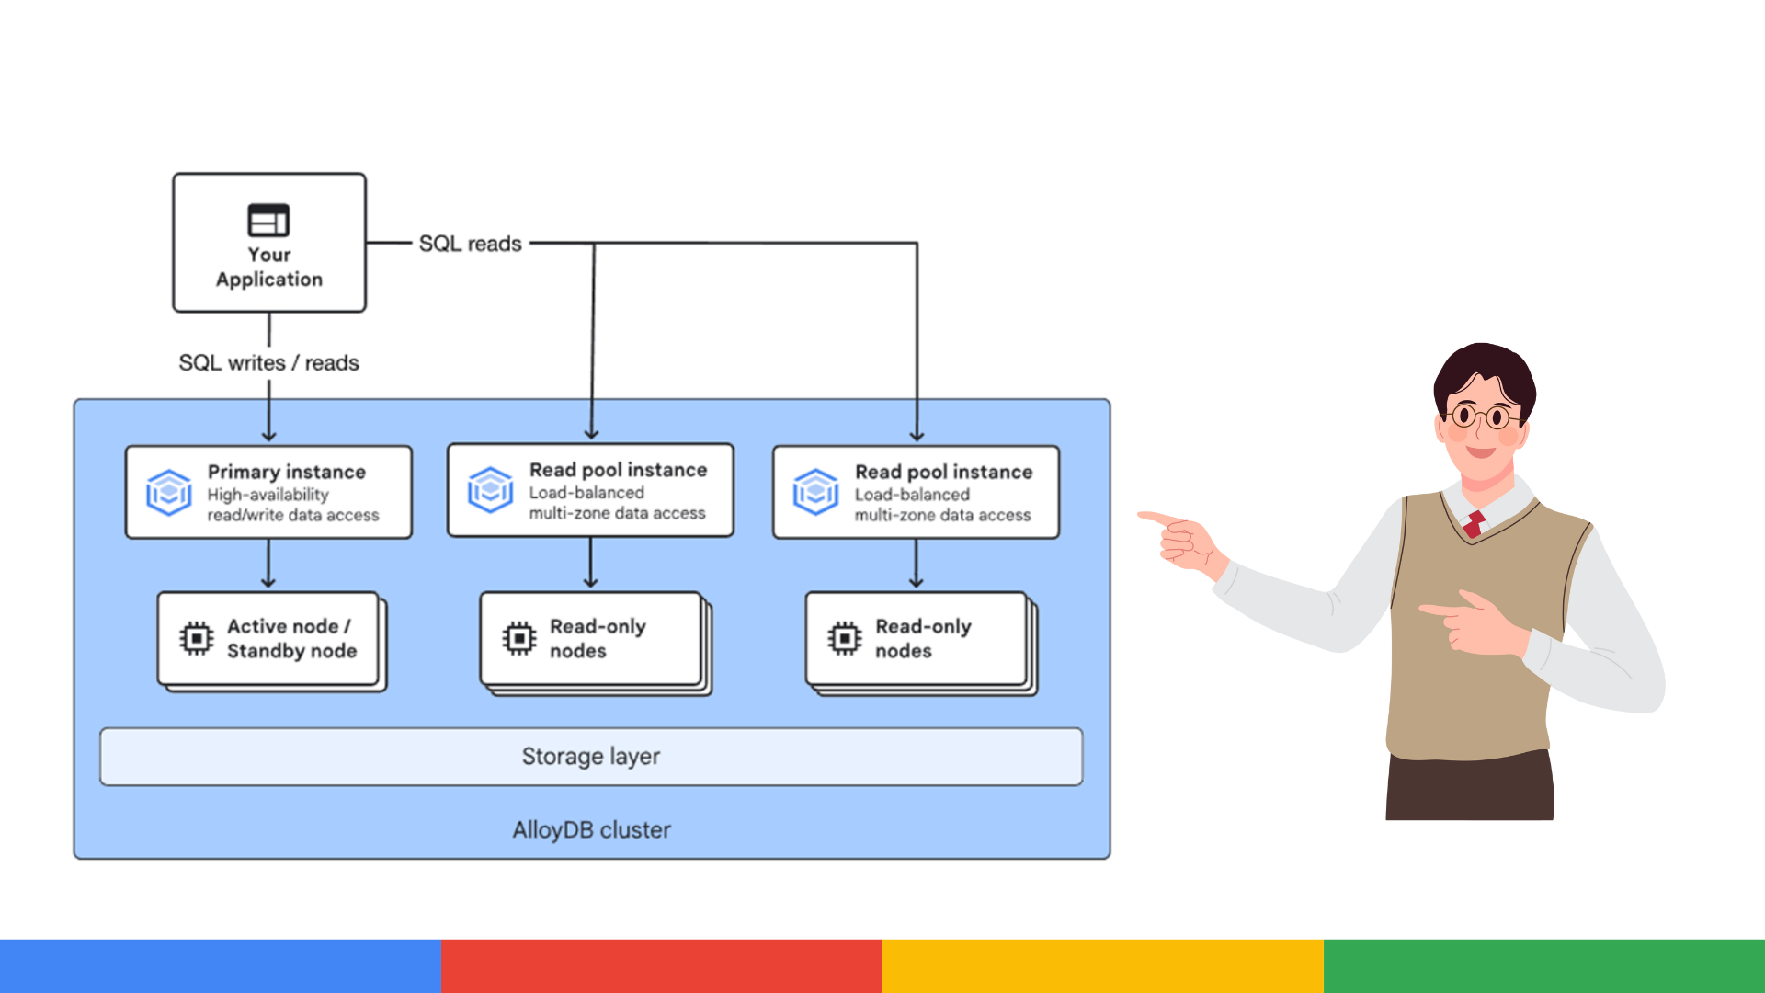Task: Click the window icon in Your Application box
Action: click(x=268, y=221)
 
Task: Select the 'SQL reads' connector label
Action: click(x=470, y=244)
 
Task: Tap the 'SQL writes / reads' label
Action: click(x=268, y=363)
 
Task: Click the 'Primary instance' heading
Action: click(x=286, y=472)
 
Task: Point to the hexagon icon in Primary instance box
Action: click(x=169, y=492)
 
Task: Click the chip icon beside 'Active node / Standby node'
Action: click(x=196, y=638)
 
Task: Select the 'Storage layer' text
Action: click(x=591, y=756)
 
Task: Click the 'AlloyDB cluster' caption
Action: click(x=591, y=830)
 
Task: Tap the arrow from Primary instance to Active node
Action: click(x=268, y=563)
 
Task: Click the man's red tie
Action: click(x=1475, y=523)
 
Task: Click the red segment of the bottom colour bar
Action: click(x=662, y=965)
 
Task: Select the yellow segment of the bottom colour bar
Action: click(x=1103, y=965)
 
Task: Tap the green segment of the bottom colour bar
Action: click(x=1544, y=965)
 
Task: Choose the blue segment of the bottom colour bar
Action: click(x=221, y=965)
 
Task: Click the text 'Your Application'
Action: click(x=269, y=267)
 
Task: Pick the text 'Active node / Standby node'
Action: click(x=291, y=638)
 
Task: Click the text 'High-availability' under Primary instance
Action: click(x=268, y=495)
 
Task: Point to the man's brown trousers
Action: click(x=1469, y=786)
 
